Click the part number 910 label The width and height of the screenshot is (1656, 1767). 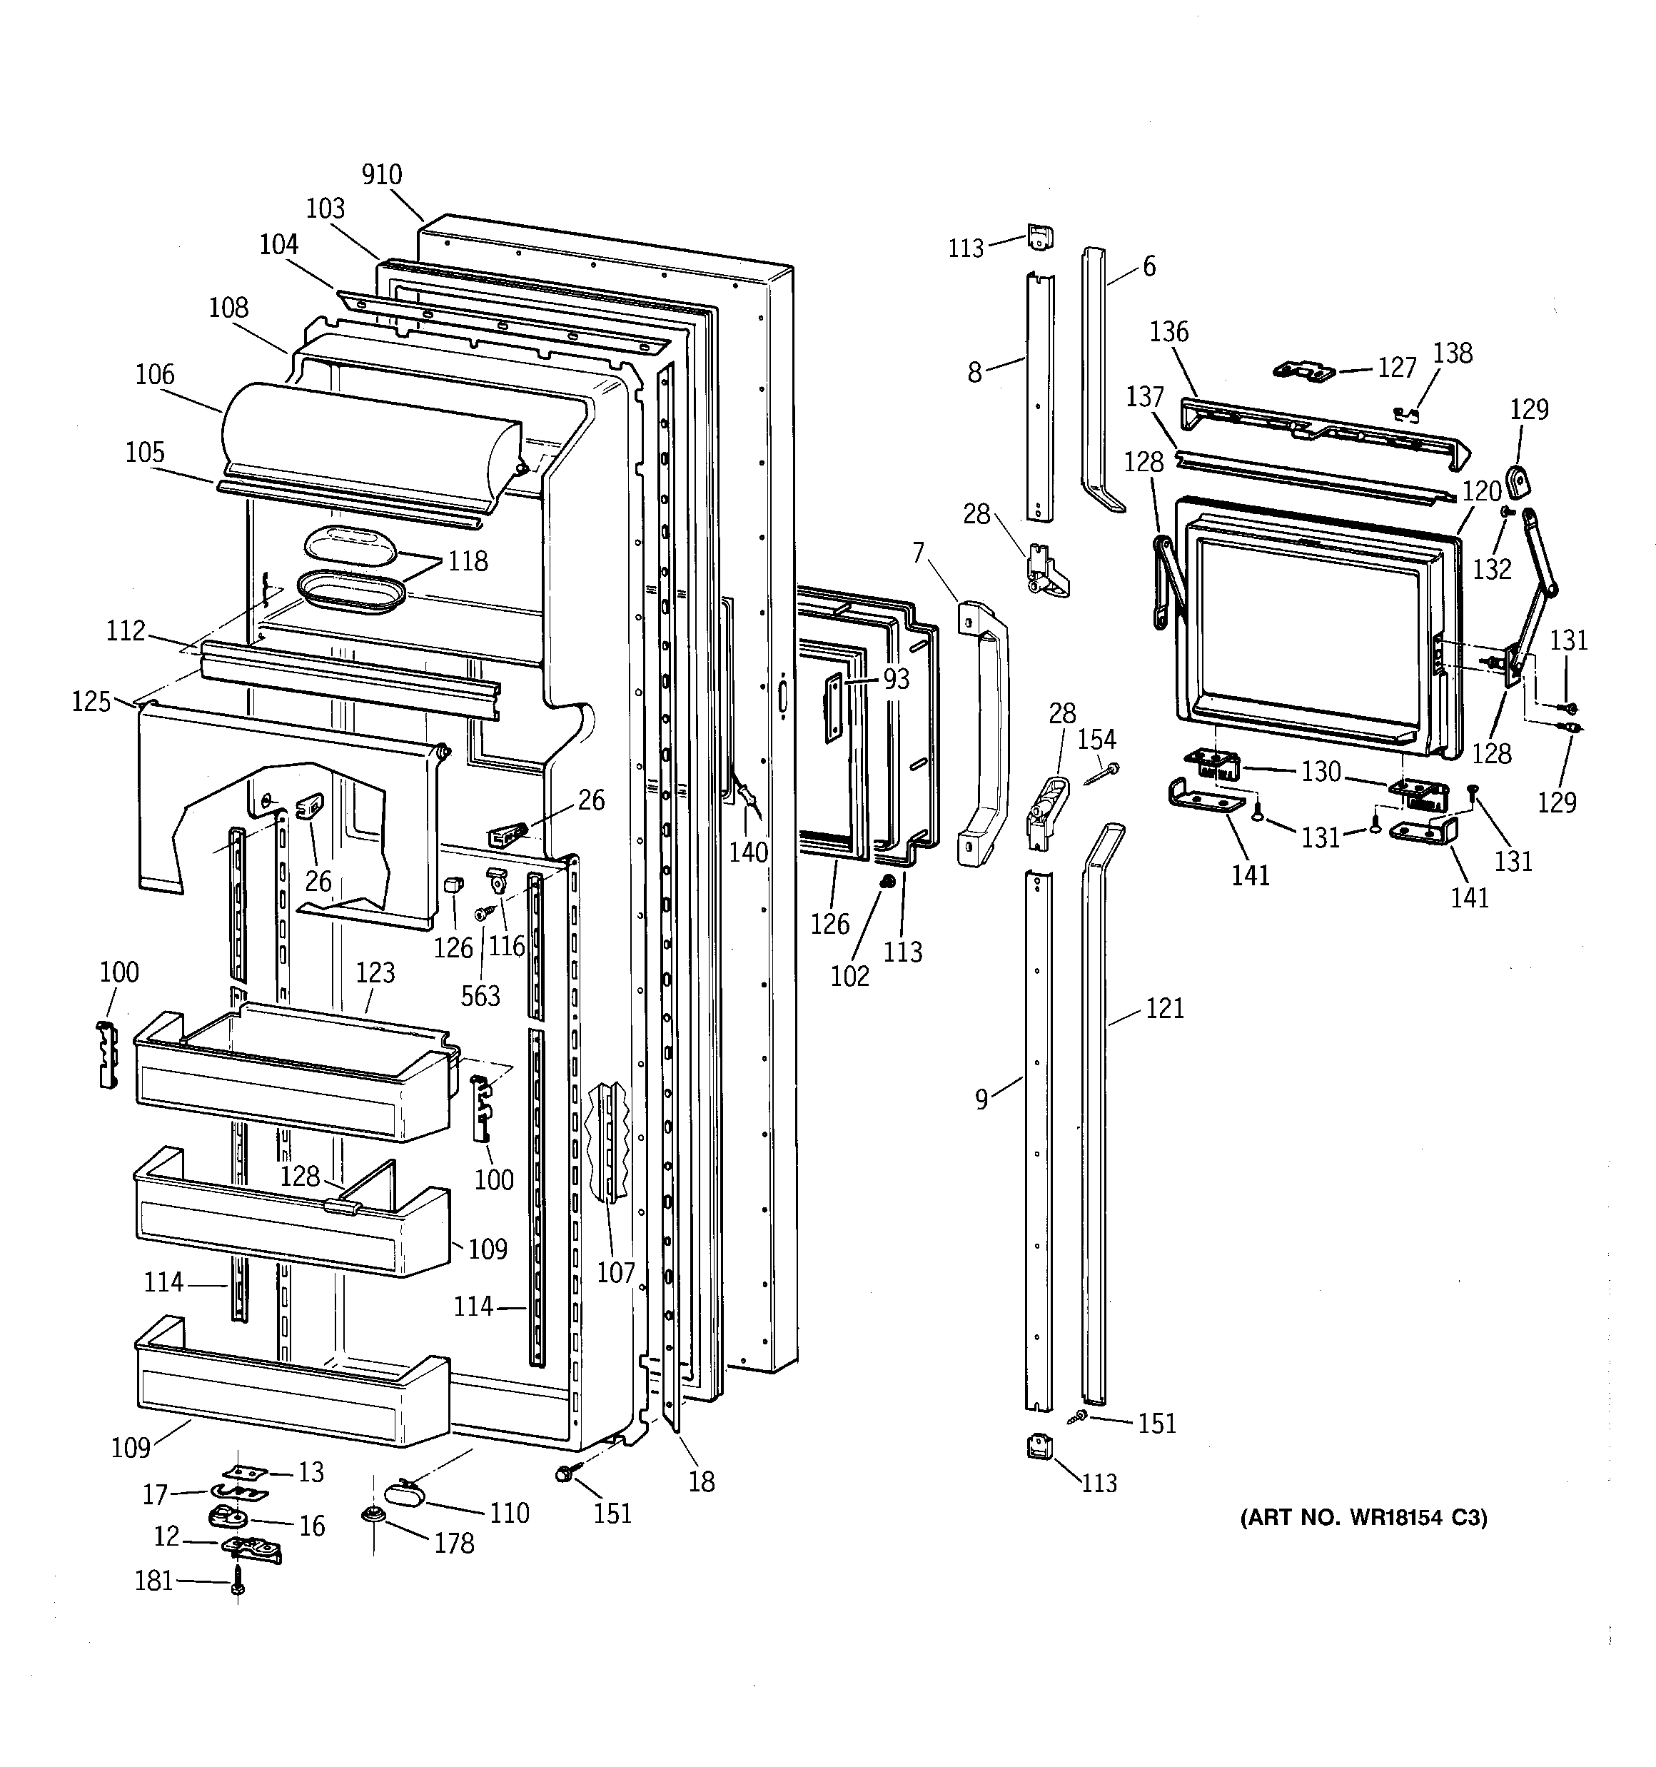[x=381, y=174]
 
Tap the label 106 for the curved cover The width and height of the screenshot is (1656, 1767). [x=155, y=374]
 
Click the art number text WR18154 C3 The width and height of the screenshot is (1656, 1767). [x=1363, y=1517]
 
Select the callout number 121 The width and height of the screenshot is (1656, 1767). [x=1164, y=1008]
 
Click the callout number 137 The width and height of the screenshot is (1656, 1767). [x=1145, y=396]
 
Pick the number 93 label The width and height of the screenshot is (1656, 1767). [x=896, y=679]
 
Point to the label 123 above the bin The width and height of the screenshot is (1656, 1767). [x=375, y=972]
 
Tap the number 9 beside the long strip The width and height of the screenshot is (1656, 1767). [x=981, y=1099]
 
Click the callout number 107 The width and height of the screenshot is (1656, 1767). [x=615, y=1272]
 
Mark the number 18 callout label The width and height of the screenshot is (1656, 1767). [x=702, y=1481]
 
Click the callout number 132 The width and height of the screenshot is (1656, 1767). [x=1492, y=569]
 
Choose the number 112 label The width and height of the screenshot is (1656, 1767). [x=126, y=630]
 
